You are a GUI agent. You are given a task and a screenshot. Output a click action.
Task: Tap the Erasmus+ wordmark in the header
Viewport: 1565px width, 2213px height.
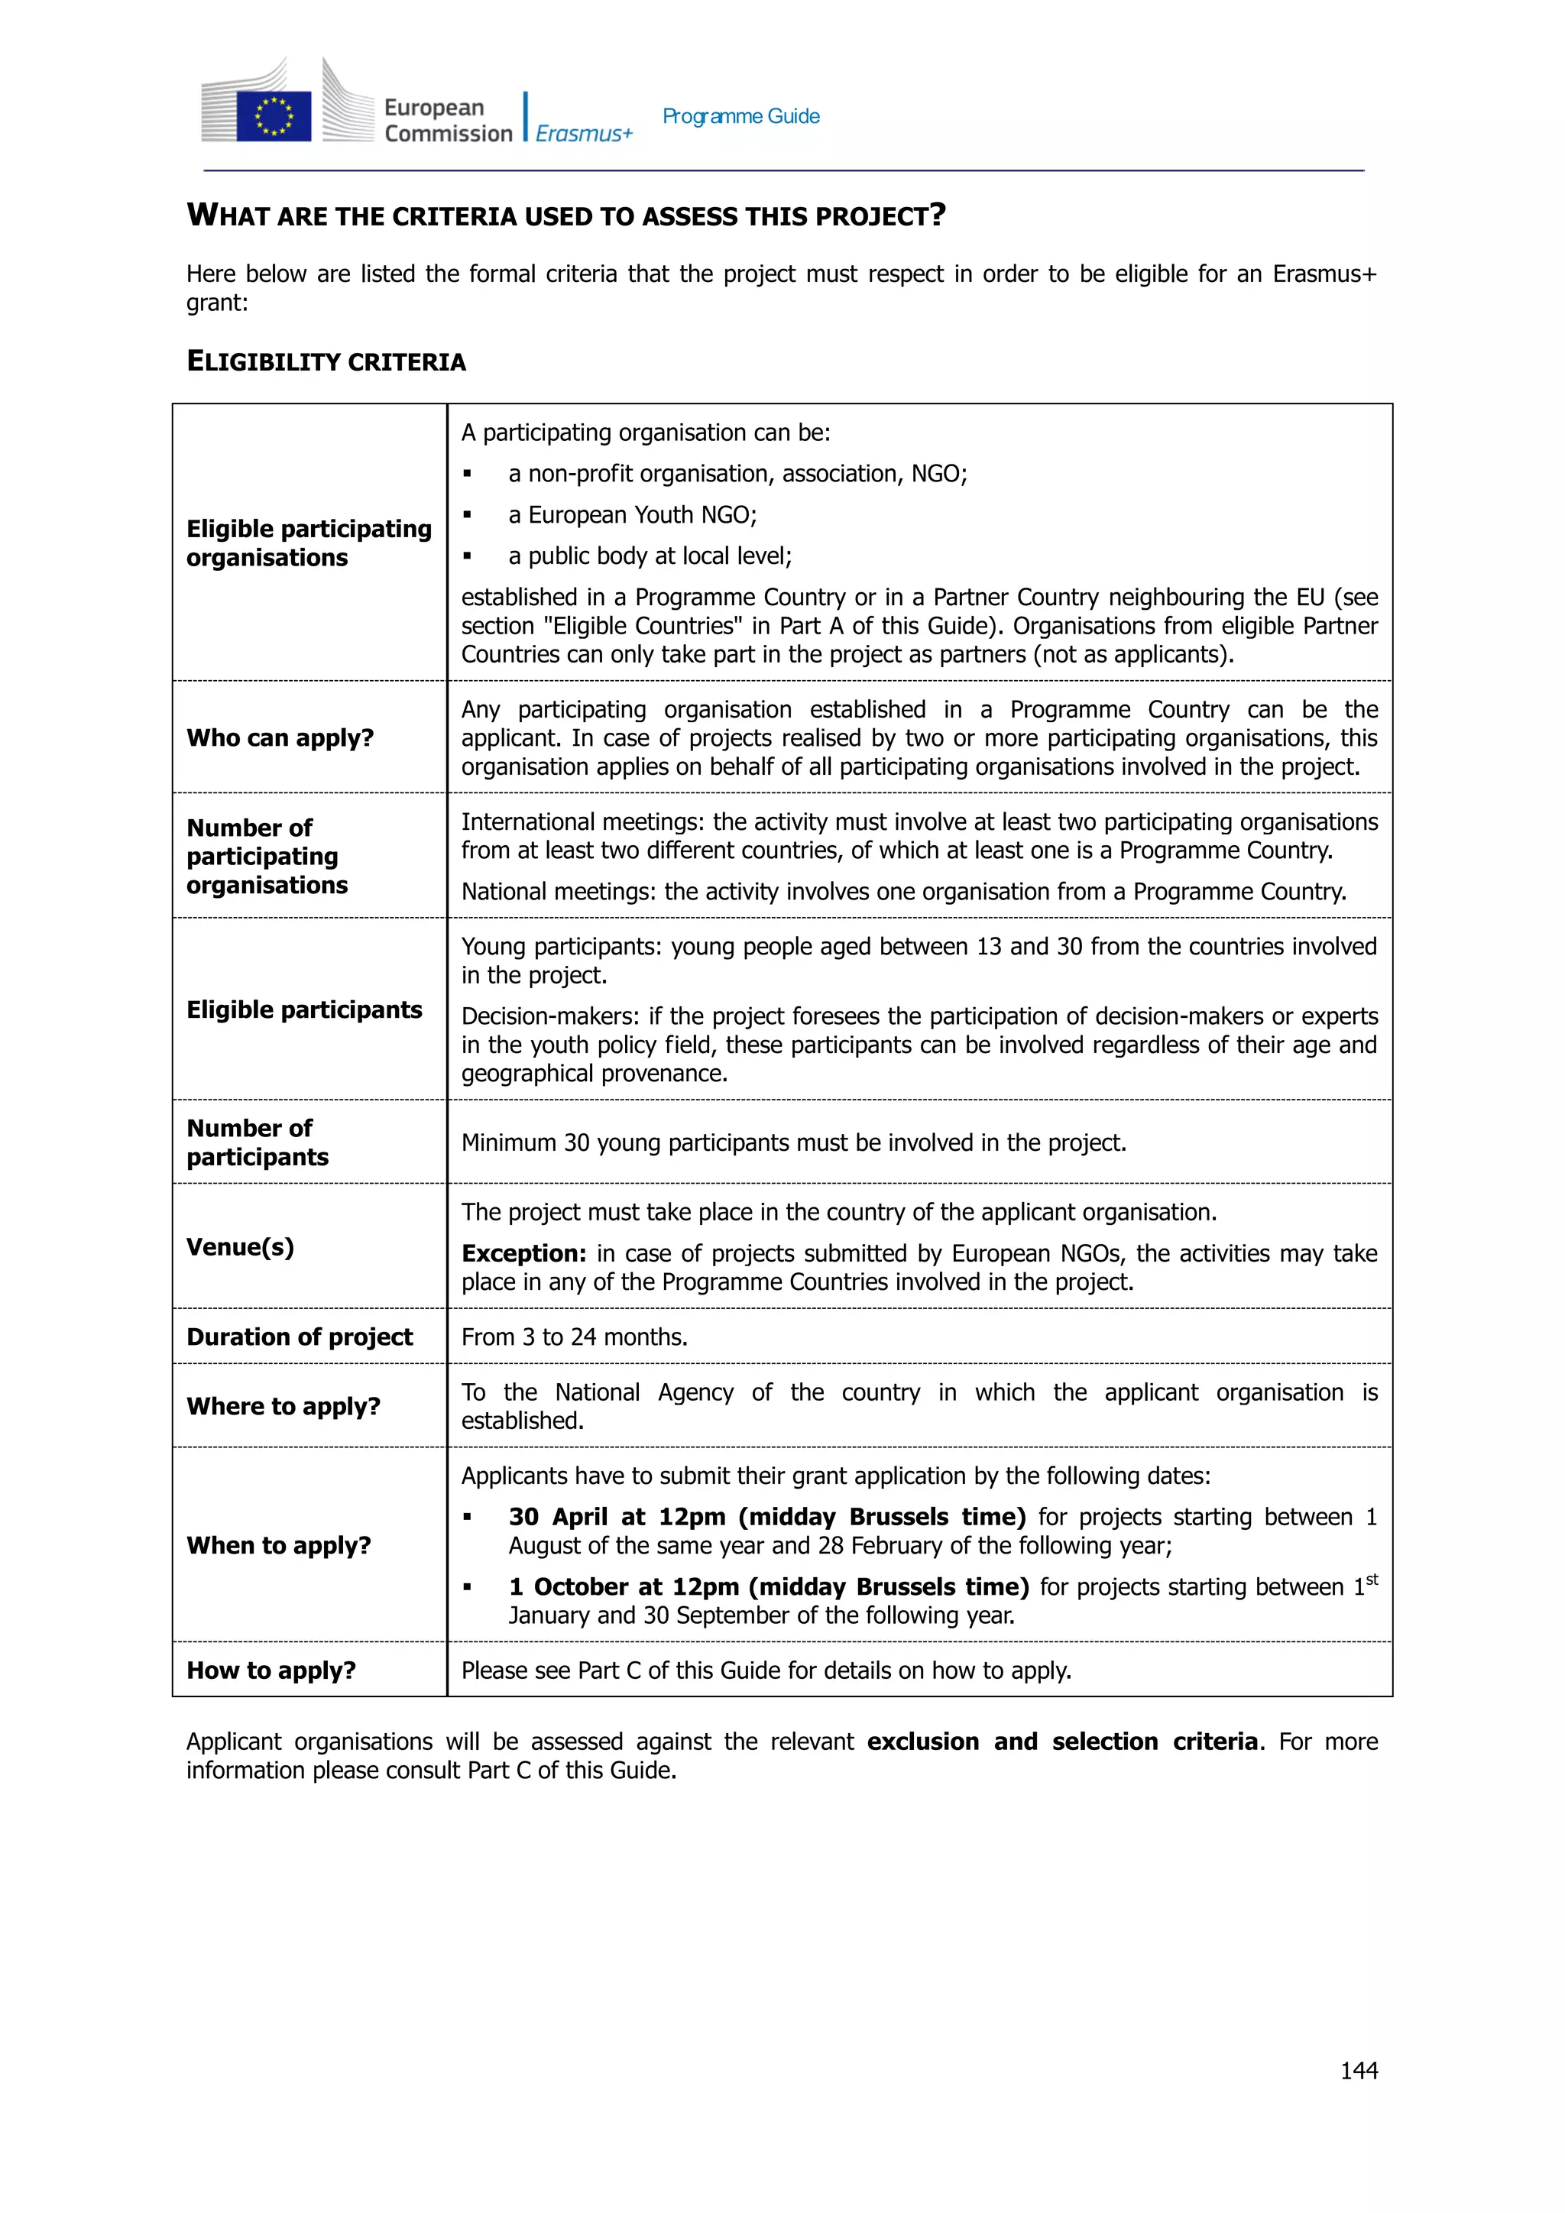click(x=584, y=134)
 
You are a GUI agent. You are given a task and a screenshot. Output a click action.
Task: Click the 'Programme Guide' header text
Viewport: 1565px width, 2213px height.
click(x=740, y=117)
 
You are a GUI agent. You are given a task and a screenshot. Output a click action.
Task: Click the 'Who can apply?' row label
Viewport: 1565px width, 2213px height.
click(x=280, y=737)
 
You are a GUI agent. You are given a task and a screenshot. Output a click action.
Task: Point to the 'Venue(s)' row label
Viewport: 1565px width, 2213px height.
click(x=240, y=1246)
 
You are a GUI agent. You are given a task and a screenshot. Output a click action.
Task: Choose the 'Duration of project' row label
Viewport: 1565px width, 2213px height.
click(x=299, y=1337)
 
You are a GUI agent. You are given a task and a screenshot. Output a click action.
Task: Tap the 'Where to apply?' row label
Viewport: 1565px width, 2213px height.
click(x=284, y=1406)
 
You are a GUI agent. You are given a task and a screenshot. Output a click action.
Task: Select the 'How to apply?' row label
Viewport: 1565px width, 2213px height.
click(x=271, y=1670)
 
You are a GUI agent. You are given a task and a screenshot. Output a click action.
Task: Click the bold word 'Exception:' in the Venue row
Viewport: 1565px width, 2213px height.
click(x=523, y=1253)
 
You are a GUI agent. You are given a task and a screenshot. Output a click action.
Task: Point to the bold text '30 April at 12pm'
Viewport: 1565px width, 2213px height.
click(x=617, y=1517)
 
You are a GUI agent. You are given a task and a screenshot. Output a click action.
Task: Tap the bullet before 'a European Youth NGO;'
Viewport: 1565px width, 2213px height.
click(x=468, y=515)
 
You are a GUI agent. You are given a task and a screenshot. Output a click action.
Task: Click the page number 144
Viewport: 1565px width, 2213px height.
click(x=1359, y=2070)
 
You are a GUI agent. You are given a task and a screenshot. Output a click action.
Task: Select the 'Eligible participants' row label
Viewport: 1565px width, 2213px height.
click(x=303, y=1009)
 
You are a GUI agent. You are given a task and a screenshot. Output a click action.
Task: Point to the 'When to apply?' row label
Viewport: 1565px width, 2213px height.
click(x=278, y=1545)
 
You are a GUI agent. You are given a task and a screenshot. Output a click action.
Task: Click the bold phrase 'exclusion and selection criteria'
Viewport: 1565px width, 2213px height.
click(x=1062, y=1742)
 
